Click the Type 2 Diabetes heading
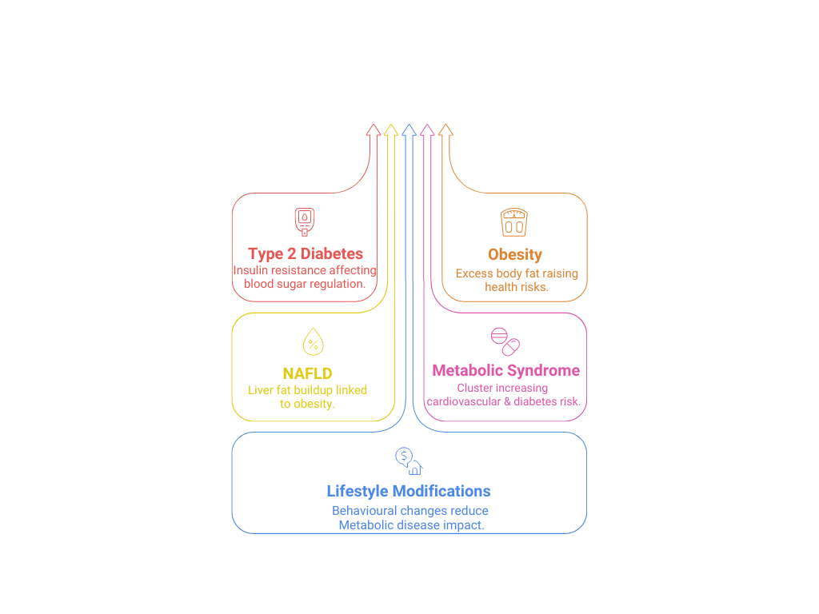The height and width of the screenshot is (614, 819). pyautogui.click(x=306, y=253)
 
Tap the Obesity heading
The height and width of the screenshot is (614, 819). pyautogui.click(x=515, y=255)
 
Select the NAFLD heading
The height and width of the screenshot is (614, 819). pyautogui.click(x=308, y=373)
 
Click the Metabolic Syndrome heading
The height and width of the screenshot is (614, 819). pyautogui.click(x=506, y=370)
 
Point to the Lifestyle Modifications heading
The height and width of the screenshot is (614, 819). pyautogui.click(x=409, y=492)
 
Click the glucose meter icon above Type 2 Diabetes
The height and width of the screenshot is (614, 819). pyautogui.click(x=305, y=222)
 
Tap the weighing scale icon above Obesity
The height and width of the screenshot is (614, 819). pyautogui.click(x=514, y=222)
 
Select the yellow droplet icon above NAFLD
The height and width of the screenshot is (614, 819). pyautogui.click(x=314, y=342)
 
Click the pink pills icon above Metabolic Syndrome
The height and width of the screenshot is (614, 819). pyautogui.click(x=505, y=342)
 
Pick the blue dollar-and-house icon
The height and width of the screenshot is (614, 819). pyautogui.click(x=409, y=461)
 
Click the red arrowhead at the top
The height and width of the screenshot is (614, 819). pyautogui.click(x=374, y=130)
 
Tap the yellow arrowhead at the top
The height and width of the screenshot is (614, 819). pyautogui.click(x=391, y=130)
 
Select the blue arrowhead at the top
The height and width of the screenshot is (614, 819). pyautogui.click(x=409, y=130)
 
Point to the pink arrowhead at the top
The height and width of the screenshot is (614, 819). pyautogui.click(x=427, y=130)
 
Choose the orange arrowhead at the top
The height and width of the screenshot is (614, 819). pyautogui.click(x=445, y=130)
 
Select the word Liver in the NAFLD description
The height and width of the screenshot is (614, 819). pyautogui.click(x=261, y=390)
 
